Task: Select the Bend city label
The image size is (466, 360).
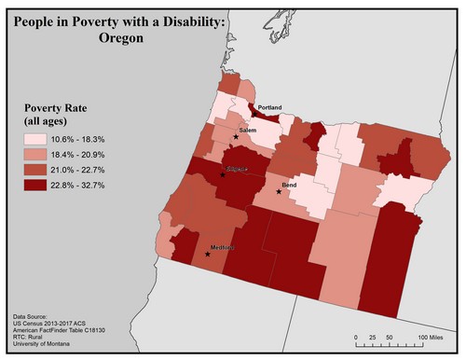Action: pos(290,187)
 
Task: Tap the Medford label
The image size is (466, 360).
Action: pos(223,247)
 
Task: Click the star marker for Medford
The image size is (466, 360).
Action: pos(207,254)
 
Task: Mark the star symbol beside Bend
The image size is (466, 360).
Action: pos(278,192)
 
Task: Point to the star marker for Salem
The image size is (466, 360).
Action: pos(236,136)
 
